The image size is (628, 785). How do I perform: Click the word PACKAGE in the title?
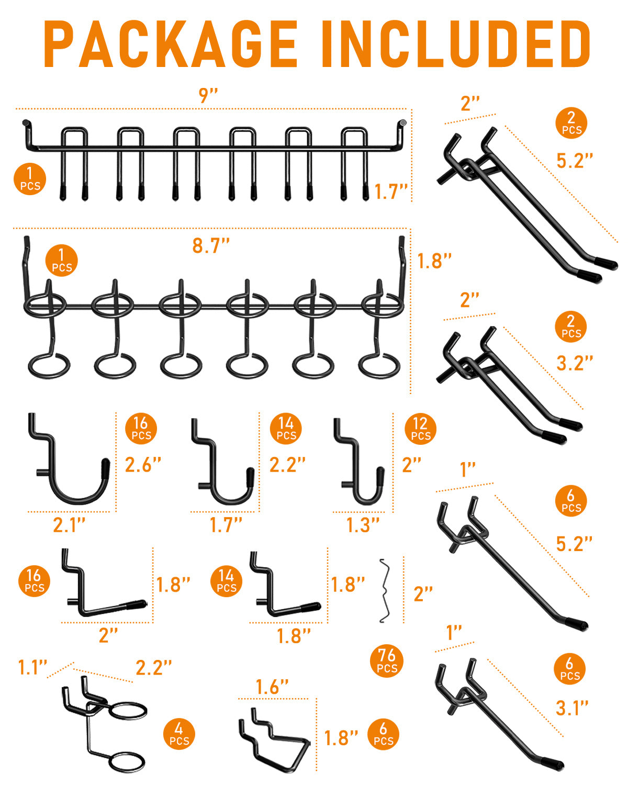[171, 44]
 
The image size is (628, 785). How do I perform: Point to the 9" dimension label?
[208, 96]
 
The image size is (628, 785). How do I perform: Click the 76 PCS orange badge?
[386, 661]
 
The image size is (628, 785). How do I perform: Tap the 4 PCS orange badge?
[179, 734]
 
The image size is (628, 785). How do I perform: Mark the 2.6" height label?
[143, 465]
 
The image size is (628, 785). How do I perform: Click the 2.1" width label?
[69, 525]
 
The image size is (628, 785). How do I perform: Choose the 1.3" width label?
[362, 525]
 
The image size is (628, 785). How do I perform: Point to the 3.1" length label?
[572, 709]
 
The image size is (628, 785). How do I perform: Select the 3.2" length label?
[575, 363]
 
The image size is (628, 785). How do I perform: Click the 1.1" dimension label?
[33, 668]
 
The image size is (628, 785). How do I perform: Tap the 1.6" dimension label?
[272, 687]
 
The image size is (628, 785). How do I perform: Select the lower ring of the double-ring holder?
[127, 762]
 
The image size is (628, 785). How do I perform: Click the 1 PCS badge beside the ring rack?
[61, 261]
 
